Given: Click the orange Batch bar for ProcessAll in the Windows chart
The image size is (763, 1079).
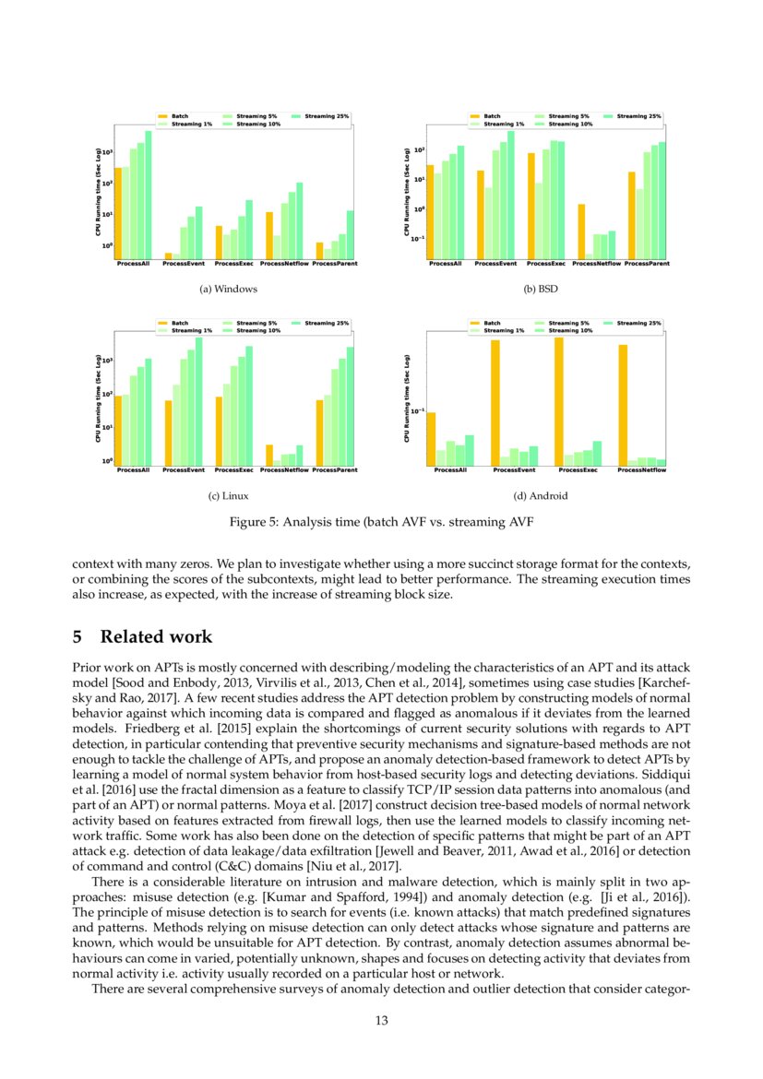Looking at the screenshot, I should coord(118,214).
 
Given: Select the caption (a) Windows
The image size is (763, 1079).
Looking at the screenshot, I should coord(228,289).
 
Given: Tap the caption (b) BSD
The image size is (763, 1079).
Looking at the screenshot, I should coord(541,289).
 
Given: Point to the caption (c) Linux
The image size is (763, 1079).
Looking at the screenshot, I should coord(228,496).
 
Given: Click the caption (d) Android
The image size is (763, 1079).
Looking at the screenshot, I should coord(541,496).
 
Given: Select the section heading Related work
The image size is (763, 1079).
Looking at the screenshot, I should coord(156,637).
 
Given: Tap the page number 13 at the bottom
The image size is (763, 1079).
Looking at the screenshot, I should coord(381,1020).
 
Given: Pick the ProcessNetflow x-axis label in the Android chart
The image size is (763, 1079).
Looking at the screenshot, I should coord(641,470).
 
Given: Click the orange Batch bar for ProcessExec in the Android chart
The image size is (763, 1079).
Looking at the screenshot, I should coord(559,401).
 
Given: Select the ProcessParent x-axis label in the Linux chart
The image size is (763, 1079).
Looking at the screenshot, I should coord(335,470).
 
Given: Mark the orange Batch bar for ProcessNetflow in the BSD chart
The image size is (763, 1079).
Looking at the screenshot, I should coord(581,232).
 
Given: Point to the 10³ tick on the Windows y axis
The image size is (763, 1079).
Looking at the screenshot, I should coord(106,151).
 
